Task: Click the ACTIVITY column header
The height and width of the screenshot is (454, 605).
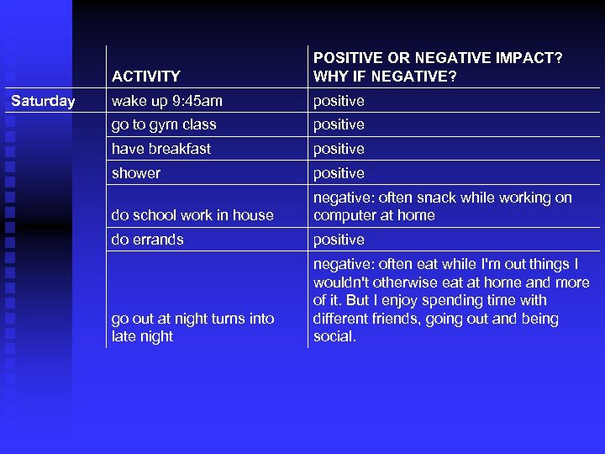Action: [145, 77]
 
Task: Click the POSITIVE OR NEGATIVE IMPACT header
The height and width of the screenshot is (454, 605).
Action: [437, 67]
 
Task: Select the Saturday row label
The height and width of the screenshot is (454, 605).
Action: [43, 101]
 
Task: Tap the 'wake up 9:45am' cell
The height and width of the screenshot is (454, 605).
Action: [166, 101]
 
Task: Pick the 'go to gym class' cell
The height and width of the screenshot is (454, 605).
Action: [164, 124]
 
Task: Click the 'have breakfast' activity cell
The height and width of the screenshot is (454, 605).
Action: [160, 149]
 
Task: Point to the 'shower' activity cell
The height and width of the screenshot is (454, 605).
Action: [135, 173]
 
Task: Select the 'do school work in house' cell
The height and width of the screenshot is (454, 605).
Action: [192, 215]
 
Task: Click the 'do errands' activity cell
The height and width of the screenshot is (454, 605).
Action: [147, 240]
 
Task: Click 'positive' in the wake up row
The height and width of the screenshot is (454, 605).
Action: [339, 101]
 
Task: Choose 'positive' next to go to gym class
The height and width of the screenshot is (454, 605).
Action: [339, 124]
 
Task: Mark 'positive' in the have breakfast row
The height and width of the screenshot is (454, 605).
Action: [339, 149]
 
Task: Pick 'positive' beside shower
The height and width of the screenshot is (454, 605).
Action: [339, 173]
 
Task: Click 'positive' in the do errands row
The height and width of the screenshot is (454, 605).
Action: [339, 240]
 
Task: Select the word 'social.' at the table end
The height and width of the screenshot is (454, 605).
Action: [334, 336]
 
